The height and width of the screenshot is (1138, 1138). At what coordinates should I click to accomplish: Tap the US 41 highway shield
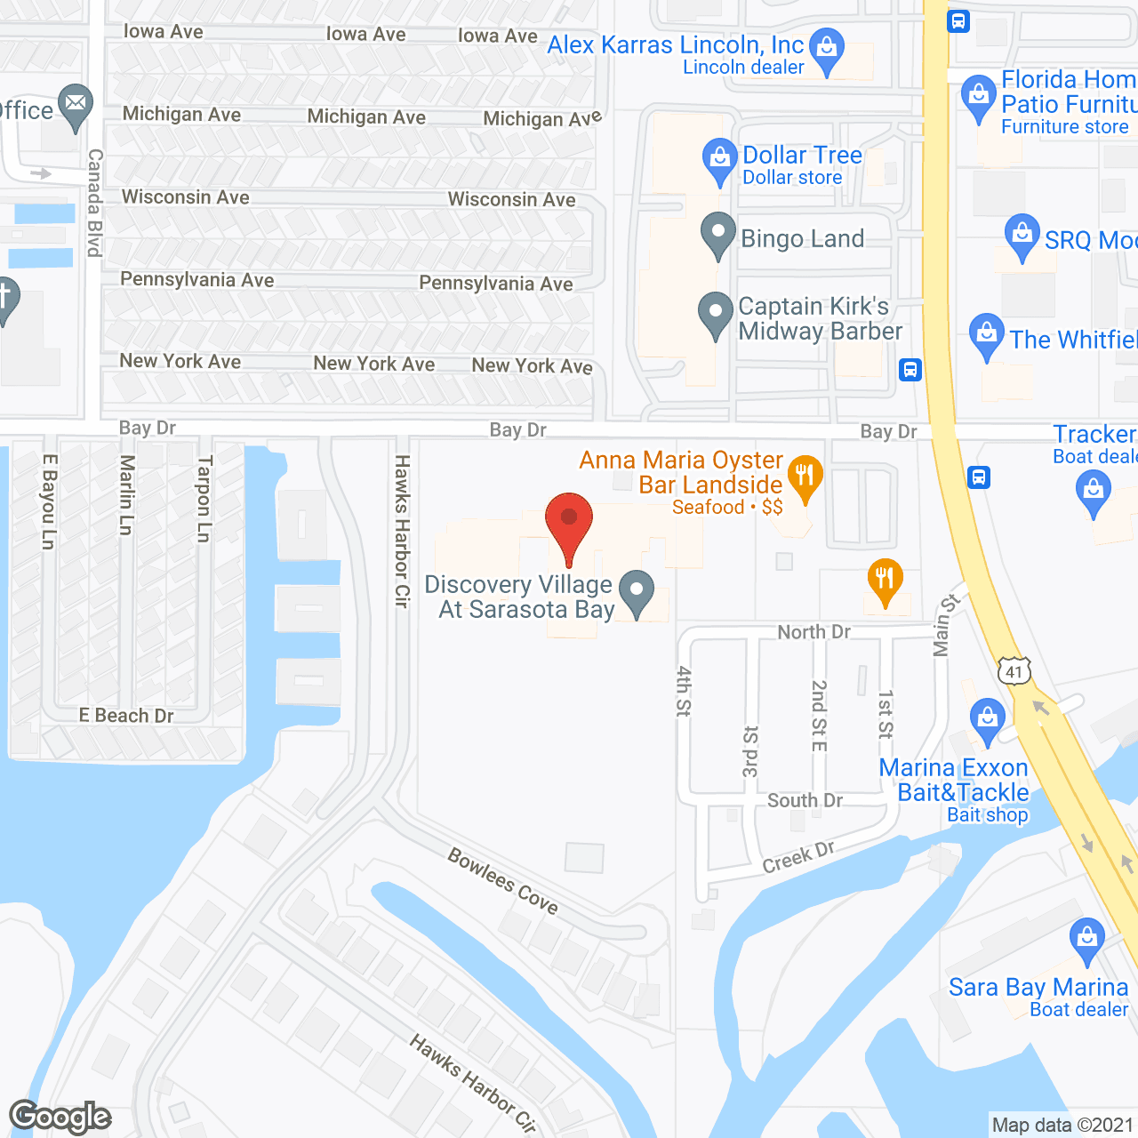1014,671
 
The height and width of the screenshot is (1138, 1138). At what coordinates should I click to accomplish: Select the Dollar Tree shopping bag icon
719,160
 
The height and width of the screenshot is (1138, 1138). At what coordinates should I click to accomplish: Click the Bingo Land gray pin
717,235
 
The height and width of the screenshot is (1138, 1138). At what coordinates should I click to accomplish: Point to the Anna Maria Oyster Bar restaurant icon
805,477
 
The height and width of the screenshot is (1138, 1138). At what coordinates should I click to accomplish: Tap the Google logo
60,1117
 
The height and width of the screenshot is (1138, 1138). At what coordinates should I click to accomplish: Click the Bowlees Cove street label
503,881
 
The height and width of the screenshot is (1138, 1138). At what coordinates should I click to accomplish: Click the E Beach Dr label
125,716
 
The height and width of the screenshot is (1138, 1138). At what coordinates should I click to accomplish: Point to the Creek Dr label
798,856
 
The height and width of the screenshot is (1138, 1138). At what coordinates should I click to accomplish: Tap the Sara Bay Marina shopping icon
1086,939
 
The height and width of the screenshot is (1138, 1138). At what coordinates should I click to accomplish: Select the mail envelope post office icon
76,107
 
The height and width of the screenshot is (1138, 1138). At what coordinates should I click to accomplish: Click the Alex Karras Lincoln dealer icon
828,51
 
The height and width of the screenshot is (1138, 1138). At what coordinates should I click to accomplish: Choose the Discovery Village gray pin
637,592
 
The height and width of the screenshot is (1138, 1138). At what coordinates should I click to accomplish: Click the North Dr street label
813,632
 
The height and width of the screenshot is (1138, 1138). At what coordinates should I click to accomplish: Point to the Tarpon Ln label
204,499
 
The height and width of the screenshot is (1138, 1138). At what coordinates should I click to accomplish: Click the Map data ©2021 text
1062,1125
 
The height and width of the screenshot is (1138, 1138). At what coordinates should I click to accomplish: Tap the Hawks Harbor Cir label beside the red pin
402,531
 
